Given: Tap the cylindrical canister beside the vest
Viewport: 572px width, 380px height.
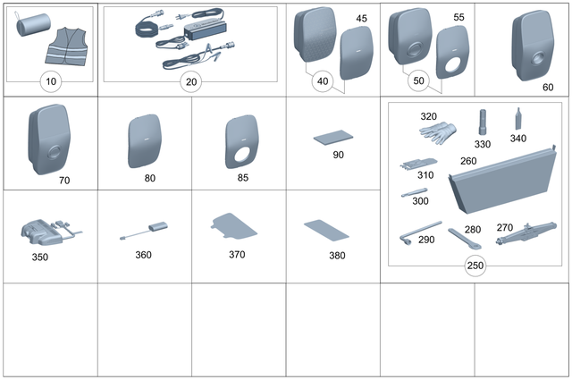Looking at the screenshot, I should pyautogui.click(x=32, y=29).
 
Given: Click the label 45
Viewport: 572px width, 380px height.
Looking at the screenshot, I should pyautogui.click(x=361, y=18).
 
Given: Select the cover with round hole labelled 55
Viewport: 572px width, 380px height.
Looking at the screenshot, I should pyautogui.click(x=451, y=55).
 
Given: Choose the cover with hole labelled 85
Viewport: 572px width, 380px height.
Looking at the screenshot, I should pyautogui.click(x=240, y=143).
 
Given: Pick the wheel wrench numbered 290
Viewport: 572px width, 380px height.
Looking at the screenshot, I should pyautogui.click(x=420, y=230).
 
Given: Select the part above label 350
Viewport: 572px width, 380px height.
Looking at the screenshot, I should pyautogui.click(x=46, y=232).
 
